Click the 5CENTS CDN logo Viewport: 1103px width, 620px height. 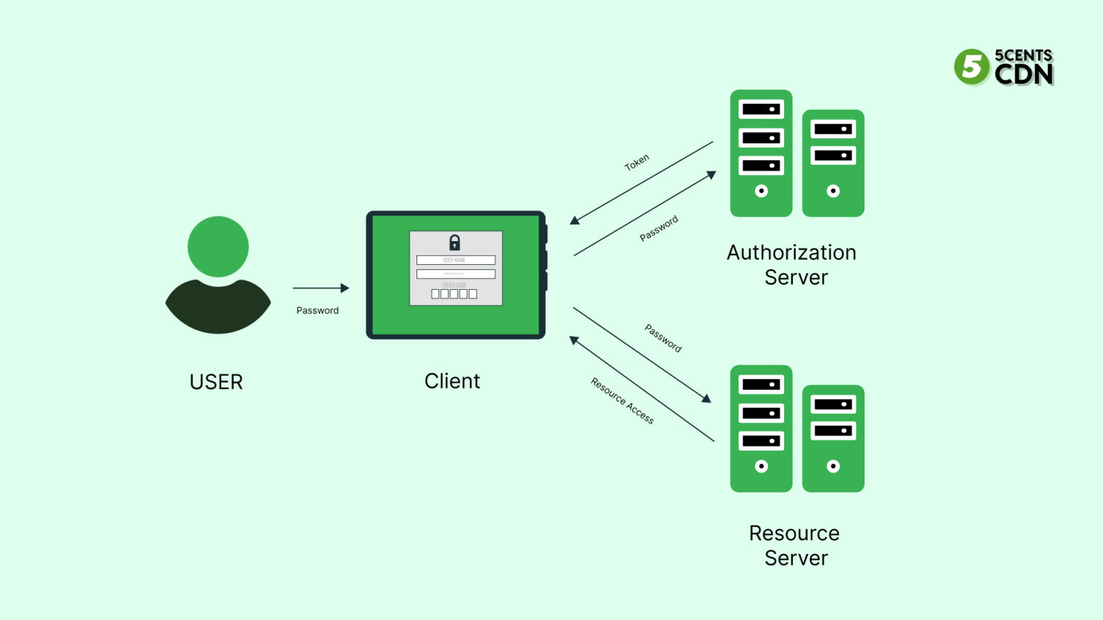coord(1004,67)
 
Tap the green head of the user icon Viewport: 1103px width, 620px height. coord(218,246)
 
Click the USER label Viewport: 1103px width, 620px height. coord(216,382)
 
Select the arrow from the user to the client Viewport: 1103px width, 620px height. coord(320,288)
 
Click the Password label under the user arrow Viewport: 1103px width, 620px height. coord(317,311)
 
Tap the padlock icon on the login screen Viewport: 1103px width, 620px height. coord(455,243)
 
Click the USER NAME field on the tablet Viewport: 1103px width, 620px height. coord(455,260)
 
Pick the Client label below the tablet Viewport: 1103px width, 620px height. coord(452,381)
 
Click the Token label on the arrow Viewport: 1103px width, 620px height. coord(637,162)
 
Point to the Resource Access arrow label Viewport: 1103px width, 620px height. coord(622,401)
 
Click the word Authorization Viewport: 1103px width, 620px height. coord(791,253)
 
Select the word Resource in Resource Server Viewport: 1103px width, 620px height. coord(793,533)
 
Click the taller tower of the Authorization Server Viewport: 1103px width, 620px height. coord(761,153)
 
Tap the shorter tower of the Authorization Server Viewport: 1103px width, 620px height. coord(833,163)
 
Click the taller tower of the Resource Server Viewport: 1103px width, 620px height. coord(761,428)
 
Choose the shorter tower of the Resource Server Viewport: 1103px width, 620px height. coord(833,438)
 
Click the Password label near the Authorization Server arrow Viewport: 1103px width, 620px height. coord(658,228)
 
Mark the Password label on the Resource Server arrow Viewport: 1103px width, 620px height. coord(663,338)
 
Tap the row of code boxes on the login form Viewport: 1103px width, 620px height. coord(454,294)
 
